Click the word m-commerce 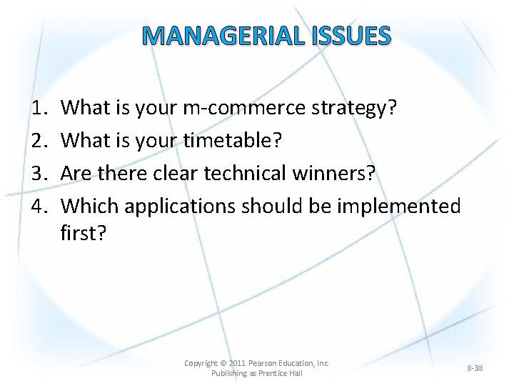click(247, 108)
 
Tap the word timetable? click(233, 141)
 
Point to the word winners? click(343, 174)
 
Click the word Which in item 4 click(90, 207)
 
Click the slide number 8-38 click(475, 368)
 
